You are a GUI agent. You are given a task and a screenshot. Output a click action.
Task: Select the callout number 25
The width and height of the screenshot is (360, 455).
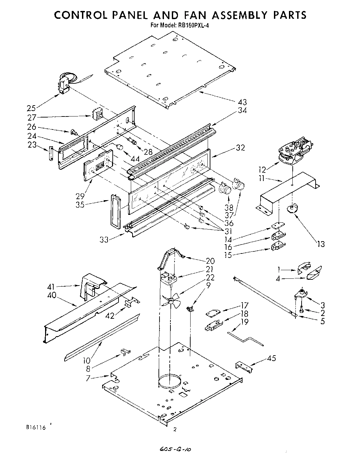click(x=31, y=109)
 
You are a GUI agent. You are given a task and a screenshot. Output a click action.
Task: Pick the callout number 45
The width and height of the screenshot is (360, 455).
click(x=272, y=358)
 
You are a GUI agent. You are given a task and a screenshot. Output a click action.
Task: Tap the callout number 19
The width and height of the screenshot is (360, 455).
click(x=244, y=321)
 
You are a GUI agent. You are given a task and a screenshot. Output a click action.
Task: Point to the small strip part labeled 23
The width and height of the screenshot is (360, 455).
click(x=51, y=153)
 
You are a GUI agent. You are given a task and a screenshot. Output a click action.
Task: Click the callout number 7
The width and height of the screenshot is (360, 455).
click(x=88, y=378)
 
